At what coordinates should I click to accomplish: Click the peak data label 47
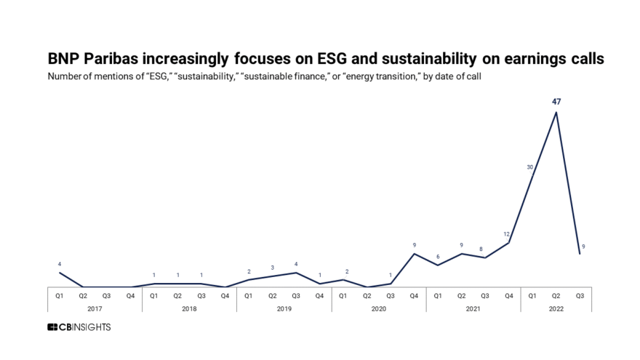tap(556, 102)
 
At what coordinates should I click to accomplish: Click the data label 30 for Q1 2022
tap(531, 167)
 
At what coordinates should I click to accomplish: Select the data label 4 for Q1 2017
tap(60, 263)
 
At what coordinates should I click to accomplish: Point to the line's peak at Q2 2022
tap(556, 112)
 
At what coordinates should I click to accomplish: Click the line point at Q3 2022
tap(580, 254)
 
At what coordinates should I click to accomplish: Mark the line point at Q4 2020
tap(414, 254)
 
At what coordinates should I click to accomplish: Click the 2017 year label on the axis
tap(95, 308)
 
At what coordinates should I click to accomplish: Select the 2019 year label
tap(284, 308)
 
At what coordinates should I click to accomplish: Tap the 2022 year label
tap(556, 308)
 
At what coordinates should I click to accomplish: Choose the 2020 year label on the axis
tap(378, 308)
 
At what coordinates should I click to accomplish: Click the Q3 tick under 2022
tap(580, 295)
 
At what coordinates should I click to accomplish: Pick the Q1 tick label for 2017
tap(60, 295)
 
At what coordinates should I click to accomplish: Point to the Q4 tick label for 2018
tap(225, 295)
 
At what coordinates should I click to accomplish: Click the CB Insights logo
tap(79, 327)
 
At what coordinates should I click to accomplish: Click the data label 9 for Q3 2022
tap(584, 247)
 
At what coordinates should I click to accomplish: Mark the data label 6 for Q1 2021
tap(438, 256)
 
